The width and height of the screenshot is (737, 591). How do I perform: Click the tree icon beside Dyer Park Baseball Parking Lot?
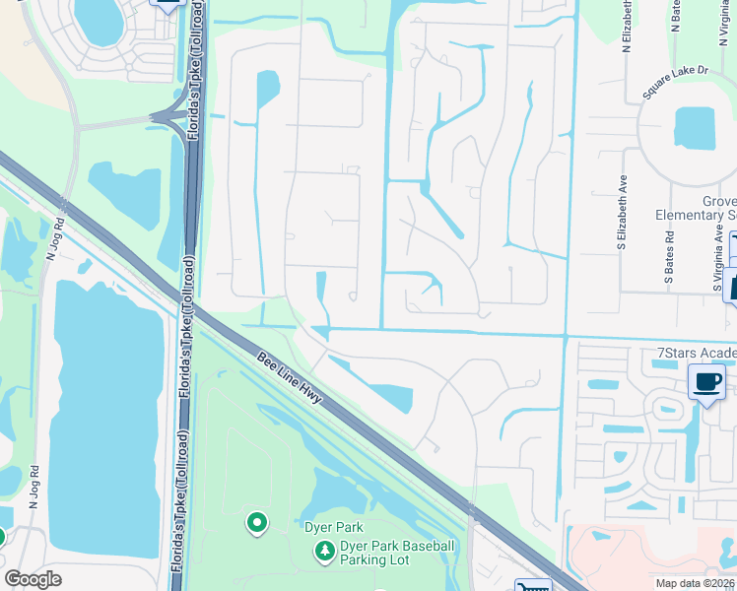323,554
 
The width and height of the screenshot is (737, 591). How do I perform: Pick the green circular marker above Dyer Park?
257,522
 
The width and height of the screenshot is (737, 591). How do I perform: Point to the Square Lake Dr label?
676,84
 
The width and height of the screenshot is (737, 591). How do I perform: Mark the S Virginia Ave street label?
717,261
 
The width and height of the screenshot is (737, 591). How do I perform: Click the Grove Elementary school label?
696,208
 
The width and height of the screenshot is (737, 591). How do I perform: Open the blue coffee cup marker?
706,382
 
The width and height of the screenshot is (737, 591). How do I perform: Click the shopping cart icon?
532,584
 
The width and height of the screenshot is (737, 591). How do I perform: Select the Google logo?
33,579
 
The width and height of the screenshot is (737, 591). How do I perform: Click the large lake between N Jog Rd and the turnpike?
105,414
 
